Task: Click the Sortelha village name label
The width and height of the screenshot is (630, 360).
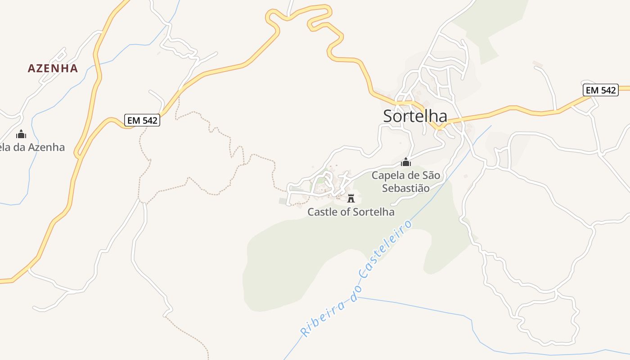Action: point(415,116)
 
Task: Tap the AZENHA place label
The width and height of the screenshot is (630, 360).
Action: point(53,68)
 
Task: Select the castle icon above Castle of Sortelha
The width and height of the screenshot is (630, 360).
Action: point(351,198)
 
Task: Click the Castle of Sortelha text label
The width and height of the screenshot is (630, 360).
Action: point(351,212)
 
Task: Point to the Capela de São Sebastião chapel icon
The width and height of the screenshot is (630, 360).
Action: point(406,162)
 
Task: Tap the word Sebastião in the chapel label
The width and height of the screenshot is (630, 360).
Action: point(406,188)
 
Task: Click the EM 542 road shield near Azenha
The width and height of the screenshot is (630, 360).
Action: point(142,121)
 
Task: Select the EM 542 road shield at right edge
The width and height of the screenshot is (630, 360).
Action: point(601,90)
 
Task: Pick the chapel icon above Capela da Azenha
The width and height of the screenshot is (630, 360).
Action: point(21,134)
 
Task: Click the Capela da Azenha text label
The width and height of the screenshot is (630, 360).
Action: point(31,147)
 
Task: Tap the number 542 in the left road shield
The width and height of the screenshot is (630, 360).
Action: point(149,121)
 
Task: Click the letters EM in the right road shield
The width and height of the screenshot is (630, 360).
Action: point(592,90)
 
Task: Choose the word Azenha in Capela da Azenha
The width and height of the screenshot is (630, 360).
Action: point(46,147)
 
